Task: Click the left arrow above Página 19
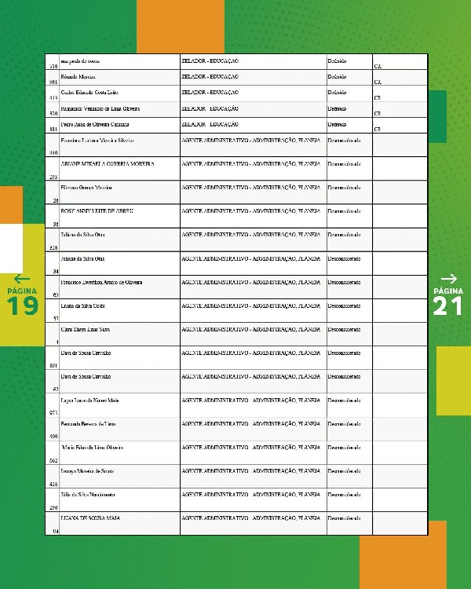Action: [x=21, y=279]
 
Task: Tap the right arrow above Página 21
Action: [x=449, y=278]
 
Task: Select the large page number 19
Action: [x=23, y=306]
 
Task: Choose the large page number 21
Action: [x=448, y=306]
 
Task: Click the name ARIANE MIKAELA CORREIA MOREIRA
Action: [x=107, y=163]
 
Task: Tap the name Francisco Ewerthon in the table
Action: [x=101, y=281]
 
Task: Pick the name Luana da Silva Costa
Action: [x=82, y=305]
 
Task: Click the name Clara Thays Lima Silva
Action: [x=85, y=328]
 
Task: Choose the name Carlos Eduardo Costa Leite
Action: [x=89, y=92]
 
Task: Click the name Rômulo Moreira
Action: [x=77, y=76]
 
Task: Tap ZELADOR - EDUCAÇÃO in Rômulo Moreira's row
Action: [x=210, y=76]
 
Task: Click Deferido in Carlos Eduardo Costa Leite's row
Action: [x=337, y=92]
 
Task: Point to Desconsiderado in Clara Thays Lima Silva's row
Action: [x=344, y=328]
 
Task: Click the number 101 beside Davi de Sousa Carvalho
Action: [x=53, y=365]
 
